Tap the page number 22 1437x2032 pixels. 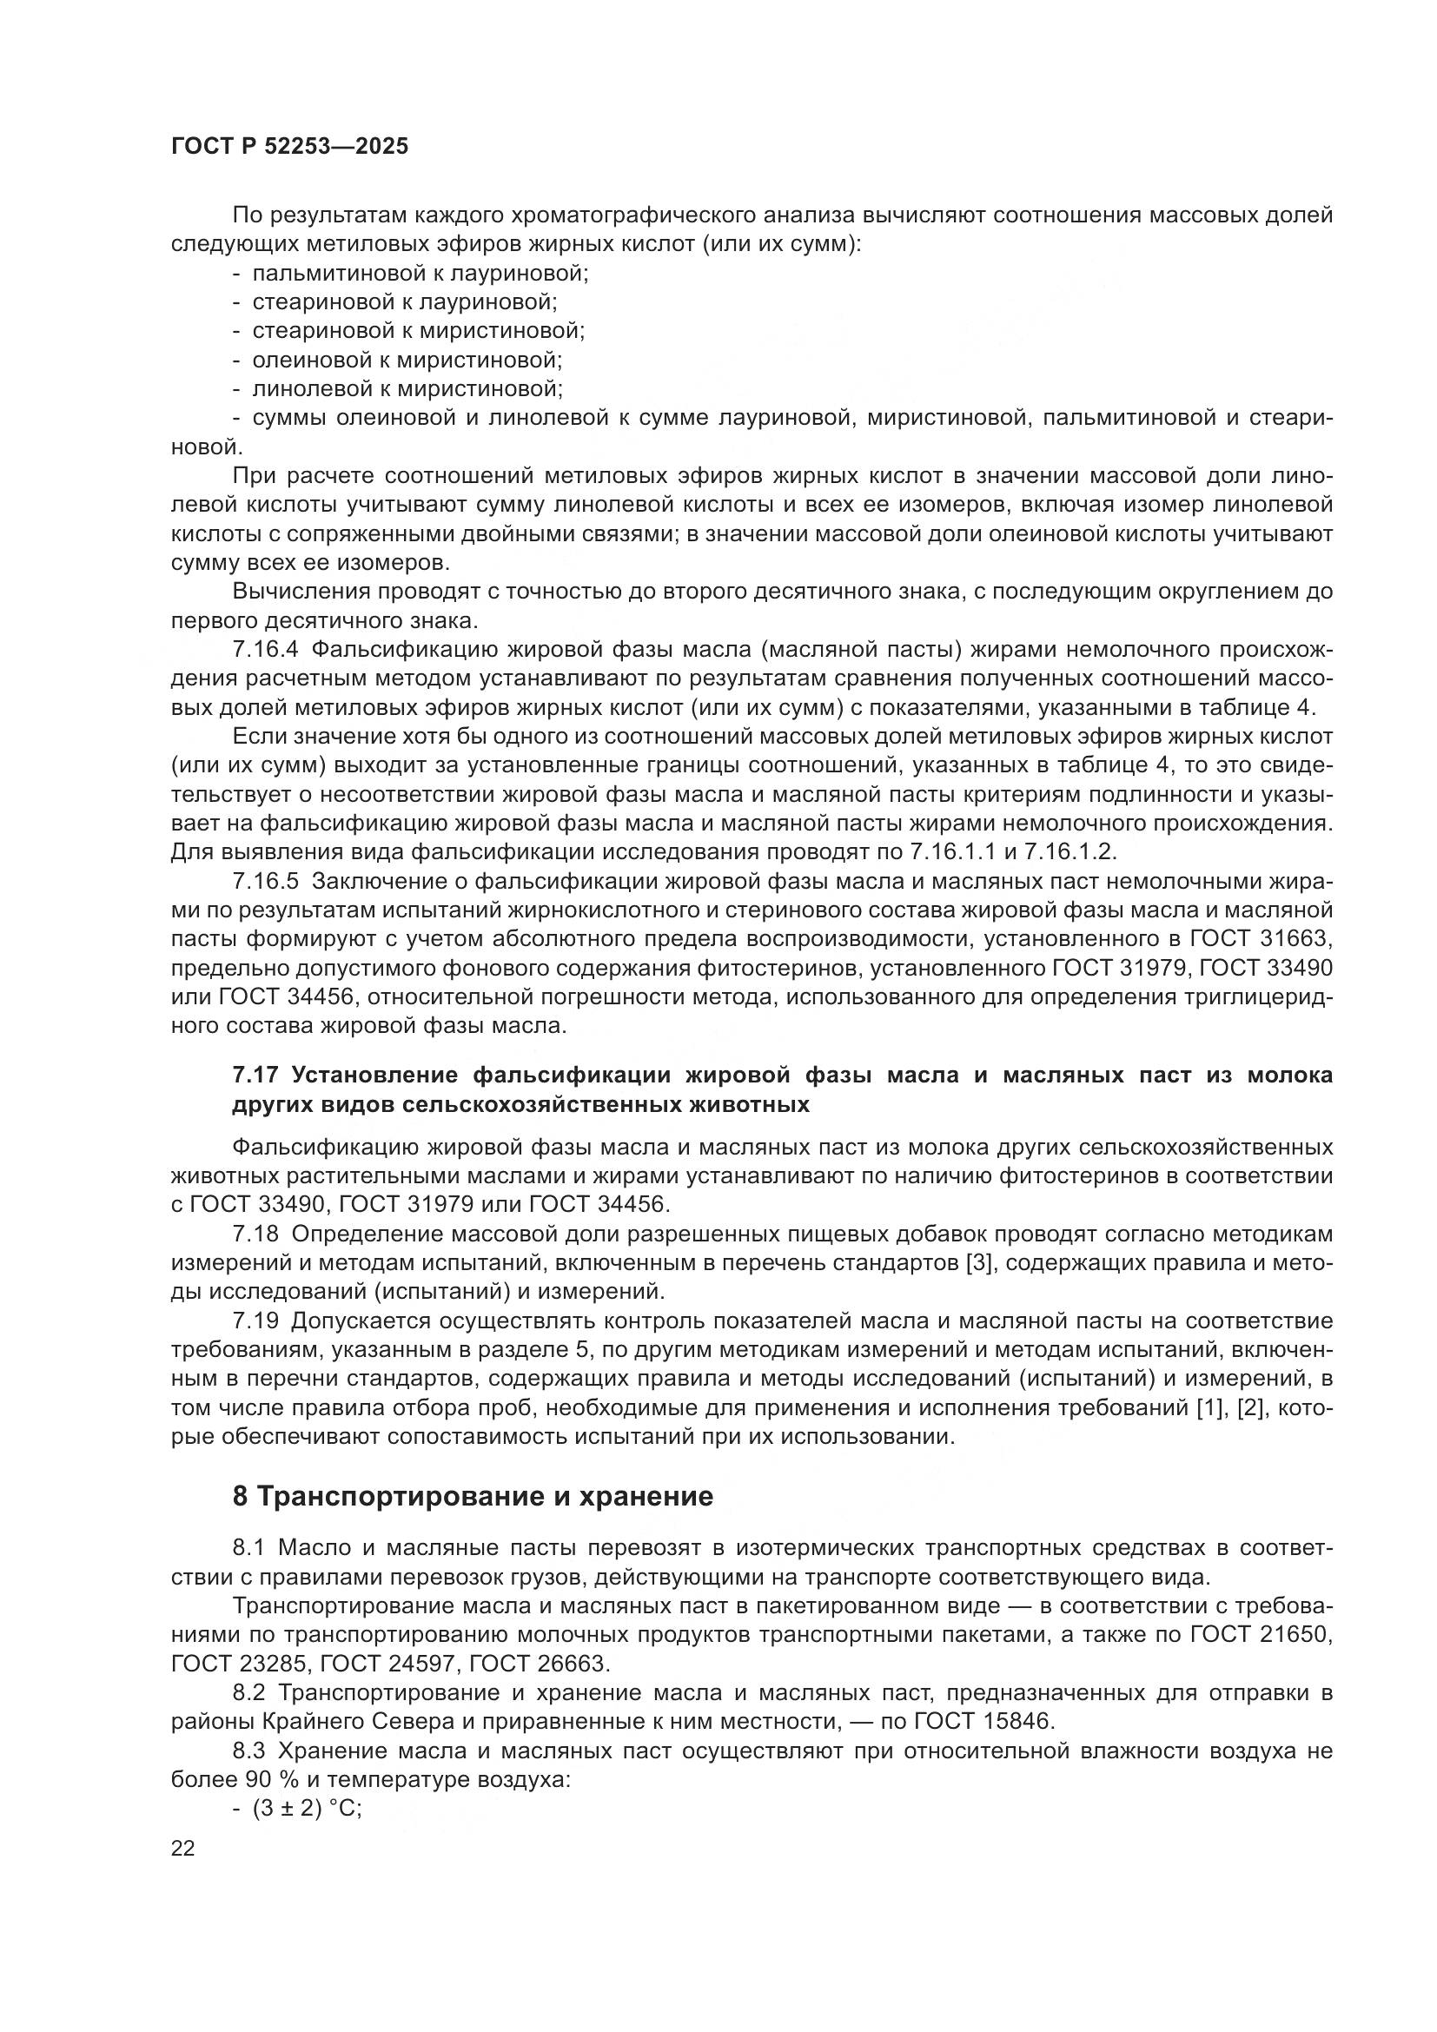tap(183, 1849)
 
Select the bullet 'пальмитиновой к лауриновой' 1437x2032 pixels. tap(421, 274)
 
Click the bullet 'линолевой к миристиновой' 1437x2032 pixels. tap(407, 389)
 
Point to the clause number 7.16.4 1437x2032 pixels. tap(267, 651)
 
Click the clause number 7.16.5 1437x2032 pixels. tap(267, 882)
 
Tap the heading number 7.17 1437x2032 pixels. tap(255, 1076)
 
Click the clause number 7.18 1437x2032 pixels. tap(255, 1234)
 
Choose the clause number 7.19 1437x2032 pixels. tap(255, 1321)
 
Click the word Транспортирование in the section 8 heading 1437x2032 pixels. tap(402, 1497)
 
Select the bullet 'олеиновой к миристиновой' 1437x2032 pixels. tap(407, 361)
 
